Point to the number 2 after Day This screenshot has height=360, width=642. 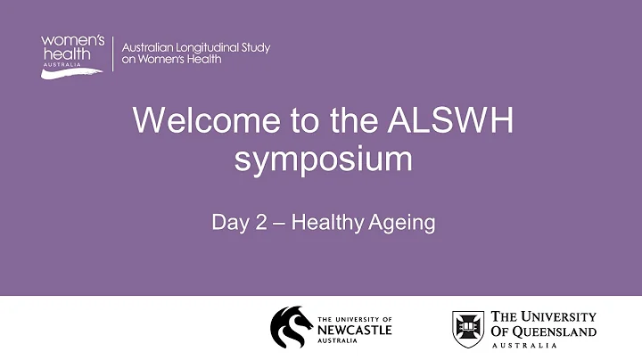[x=255, y=221]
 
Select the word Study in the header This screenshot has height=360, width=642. [x=254, y=47]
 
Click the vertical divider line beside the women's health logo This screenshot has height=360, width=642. [x=113, y=53]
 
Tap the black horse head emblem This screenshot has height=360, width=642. [x=291, y=327]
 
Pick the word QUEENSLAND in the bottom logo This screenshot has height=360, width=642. [x=554, y=332]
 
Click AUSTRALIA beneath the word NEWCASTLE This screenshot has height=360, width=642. [x=340, y=341]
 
